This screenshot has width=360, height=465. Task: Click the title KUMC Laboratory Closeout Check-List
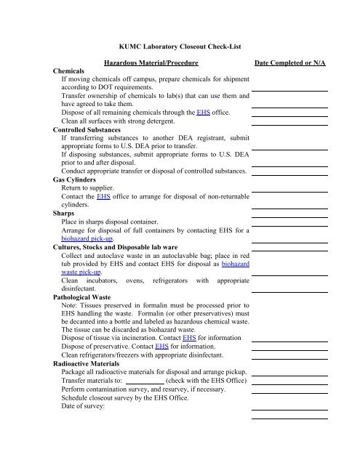pyautogui.click(x=180, y=45)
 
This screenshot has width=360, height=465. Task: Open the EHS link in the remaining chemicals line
pyautogui.click(x=204, y=112)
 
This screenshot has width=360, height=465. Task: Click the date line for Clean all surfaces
pyautogui.click(x=289, y=123)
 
